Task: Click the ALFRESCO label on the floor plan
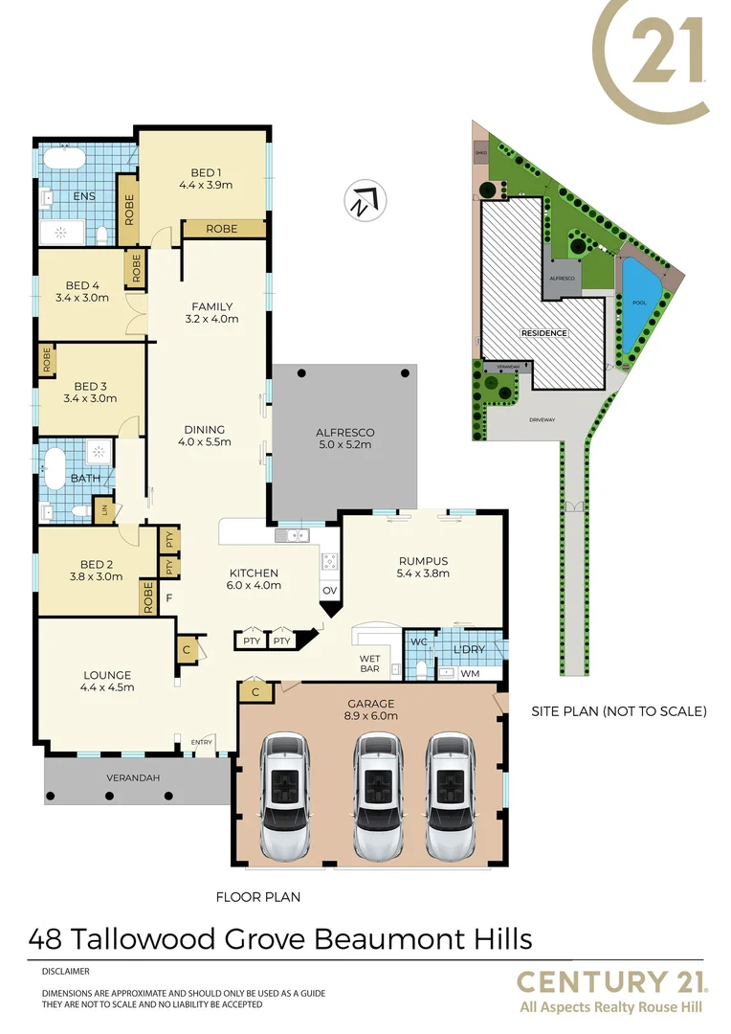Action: pos(344,432)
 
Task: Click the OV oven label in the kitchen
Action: pos(329,590)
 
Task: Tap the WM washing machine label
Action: pos(470,673)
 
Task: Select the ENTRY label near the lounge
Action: pos(202,742)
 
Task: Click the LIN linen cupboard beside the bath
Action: pos(104,510)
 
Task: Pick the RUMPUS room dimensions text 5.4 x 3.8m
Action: pos(422,574)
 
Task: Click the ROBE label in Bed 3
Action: pos(46,360)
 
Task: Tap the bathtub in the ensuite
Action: pos(64,158)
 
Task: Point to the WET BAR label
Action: pos(370,663)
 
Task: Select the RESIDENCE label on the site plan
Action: pos(543,333)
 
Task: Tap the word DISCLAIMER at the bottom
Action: pos(65,970)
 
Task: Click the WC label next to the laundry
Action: pos(418,641)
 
